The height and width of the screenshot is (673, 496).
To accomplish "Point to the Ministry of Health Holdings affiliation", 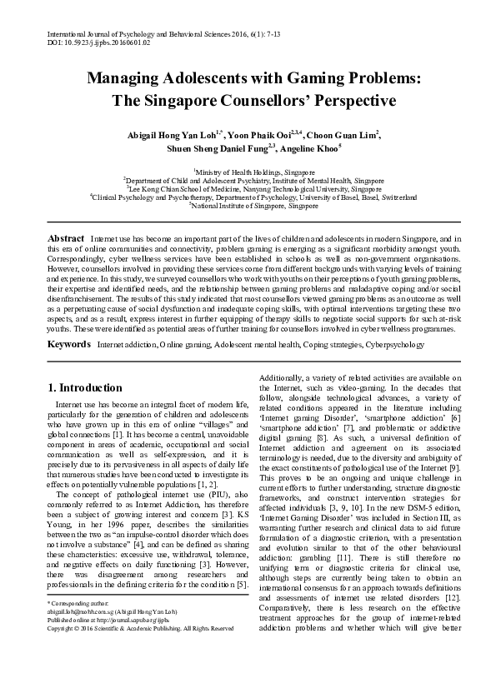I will (x=248, y=170).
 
